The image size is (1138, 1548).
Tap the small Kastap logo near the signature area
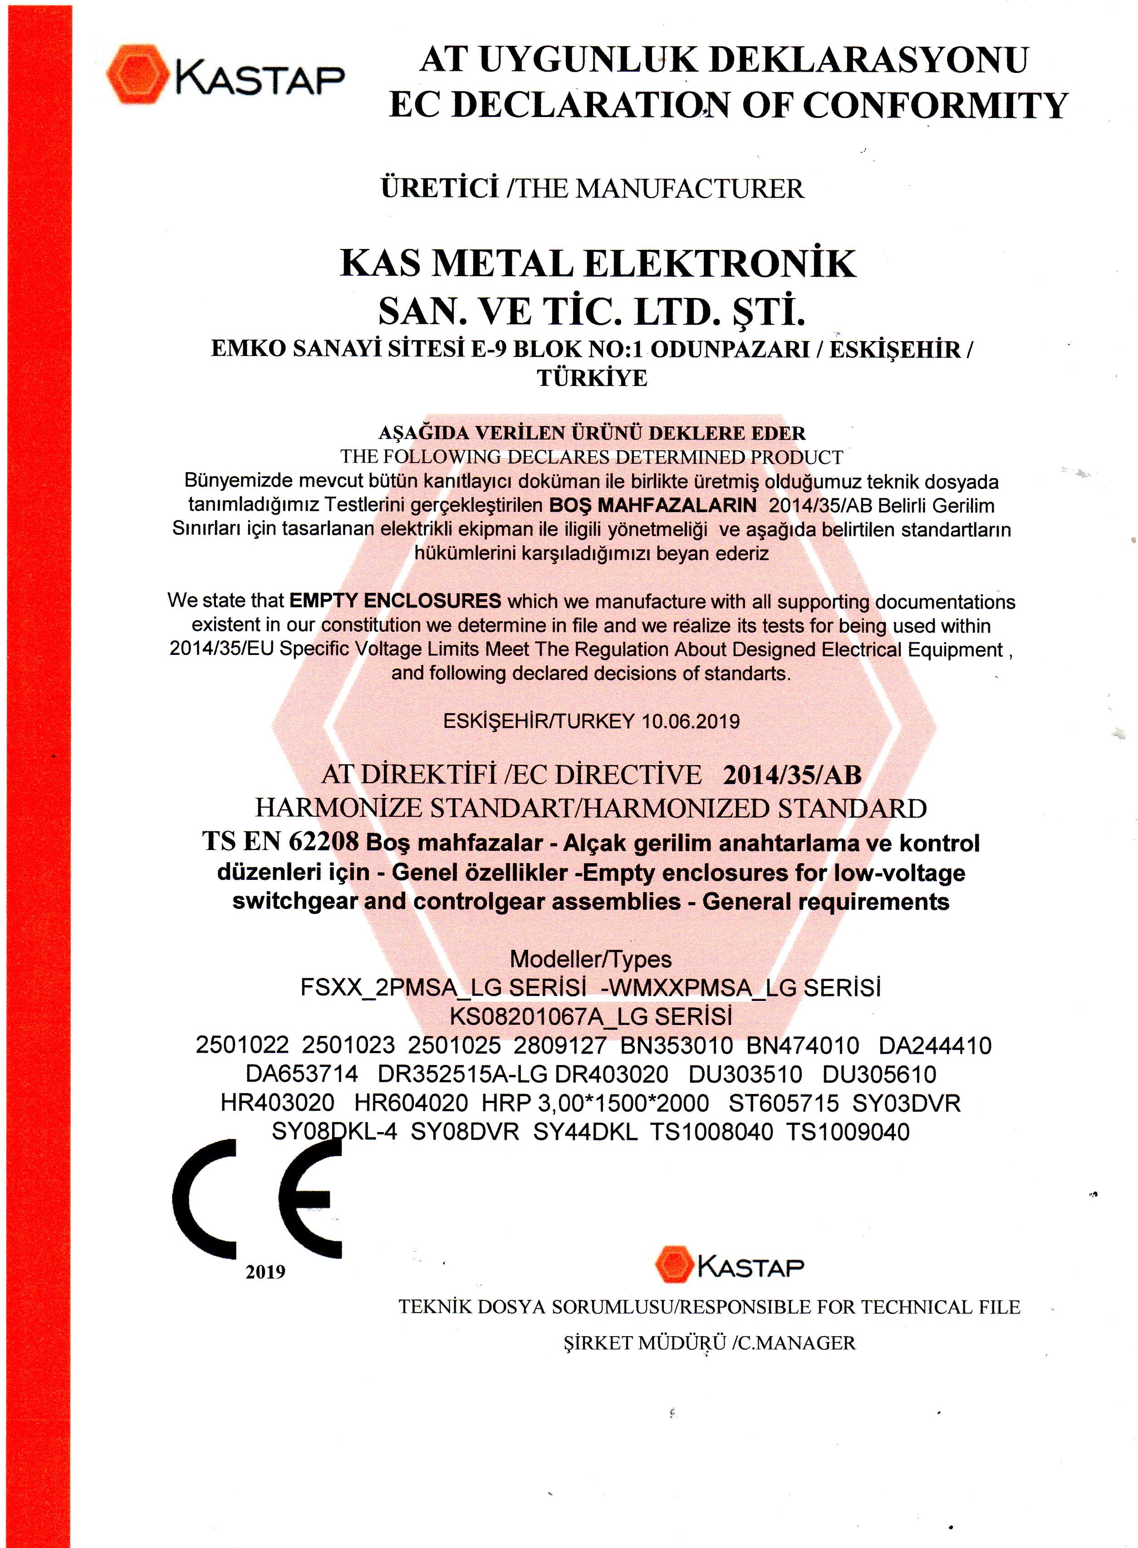[x=729, y=1264]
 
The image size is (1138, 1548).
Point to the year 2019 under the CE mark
[x=265, y=1272]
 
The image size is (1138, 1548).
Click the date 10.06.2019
[x=690, y=722]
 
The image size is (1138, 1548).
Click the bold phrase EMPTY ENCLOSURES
[x=395, y=601]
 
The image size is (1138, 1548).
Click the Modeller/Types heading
[x=590, y=959]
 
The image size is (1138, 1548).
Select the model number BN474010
[x=803, y=1046]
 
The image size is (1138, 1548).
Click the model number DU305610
[x=879, y=1074]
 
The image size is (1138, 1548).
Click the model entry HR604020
[x=411, y=1103]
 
